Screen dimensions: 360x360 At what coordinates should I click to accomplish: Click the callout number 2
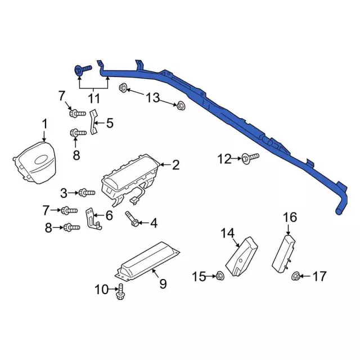(x=175, y=165)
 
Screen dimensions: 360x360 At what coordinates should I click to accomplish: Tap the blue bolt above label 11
(x=83, y=70)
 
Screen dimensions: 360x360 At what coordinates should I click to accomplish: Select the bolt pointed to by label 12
(x=250, y=157)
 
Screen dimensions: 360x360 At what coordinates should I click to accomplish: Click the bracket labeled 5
(x=93, y=121)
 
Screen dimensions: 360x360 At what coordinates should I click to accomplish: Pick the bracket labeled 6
(x=93, y=219)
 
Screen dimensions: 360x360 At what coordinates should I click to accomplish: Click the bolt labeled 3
(x=87, y=192)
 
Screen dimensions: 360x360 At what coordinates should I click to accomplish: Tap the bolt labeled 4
(x=131, y=219)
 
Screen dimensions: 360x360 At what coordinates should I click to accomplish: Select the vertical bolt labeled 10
(x=121, y=291)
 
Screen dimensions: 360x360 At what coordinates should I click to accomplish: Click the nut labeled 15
(x=220, y=276)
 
